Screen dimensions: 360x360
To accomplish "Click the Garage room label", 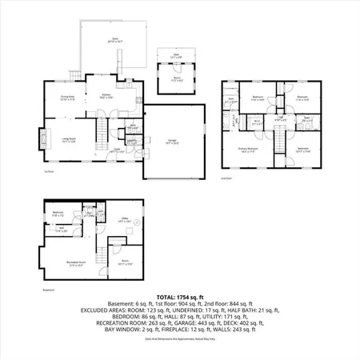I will pos(172,141).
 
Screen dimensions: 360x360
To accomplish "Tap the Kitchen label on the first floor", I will pos(106,95).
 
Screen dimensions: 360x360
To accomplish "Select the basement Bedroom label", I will pos(57,214).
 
